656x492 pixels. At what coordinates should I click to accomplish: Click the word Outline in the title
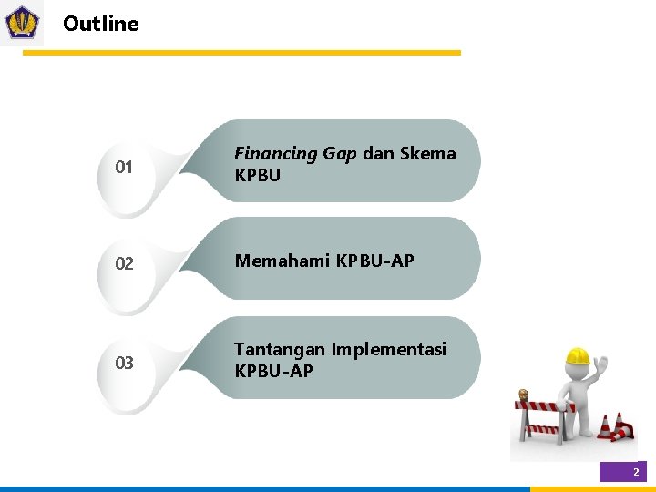coord(101,25)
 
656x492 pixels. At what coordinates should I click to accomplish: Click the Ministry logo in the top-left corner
coord(22,23)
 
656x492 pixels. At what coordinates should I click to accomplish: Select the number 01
coord(124,168)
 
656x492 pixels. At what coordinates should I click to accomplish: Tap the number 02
coord(124,264)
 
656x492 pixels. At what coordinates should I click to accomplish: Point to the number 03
coord(124,364)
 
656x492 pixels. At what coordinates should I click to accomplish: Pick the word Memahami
coord(282,261)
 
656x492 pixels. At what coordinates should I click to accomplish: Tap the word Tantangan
coord(280,350)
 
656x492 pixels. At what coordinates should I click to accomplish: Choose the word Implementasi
coord(389,350)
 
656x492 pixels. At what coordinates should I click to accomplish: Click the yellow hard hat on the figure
coord(577,355)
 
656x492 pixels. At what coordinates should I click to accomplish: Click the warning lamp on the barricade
coord(524,396)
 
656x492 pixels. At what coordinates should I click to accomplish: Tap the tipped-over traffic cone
coord(623,426)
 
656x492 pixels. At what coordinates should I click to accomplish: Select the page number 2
coord(636,472)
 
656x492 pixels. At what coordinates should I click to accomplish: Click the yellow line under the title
coord(241,53)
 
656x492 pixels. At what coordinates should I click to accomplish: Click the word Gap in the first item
coord(340,154)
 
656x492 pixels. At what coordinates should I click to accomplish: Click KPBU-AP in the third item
coord(273,371)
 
